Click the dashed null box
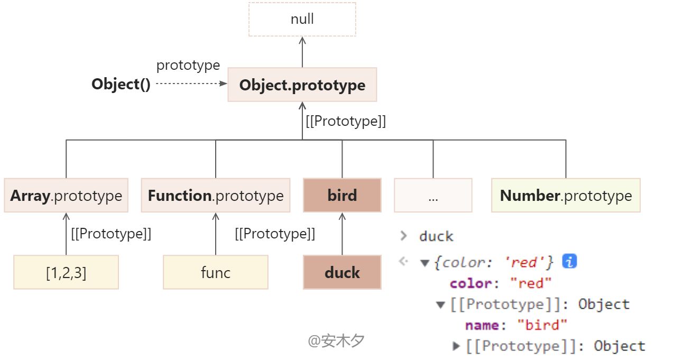pos(302,19)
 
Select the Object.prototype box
pos(302,85)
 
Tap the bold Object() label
pos(121,84)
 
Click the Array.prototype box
pos(66,195)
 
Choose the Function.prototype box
pos(216,195)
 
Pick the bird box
pos(342,195)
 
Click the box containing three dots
pos(433,195)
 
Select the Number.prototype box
pos(566,195)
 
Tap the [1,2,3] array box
pos(66,272)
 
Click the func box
pos(216,272)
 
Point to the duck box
pos(342,272)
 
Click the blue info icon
pos(569,261)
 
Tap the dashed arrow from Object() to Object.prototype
pos(191,83)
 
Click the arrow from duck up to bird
pos(342,234)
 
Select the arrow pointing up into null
pos(302,52)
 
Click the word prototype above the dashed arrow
pos(188,65)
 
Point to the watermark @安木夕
pos(336,340)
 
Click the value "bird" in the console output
pos(542,325)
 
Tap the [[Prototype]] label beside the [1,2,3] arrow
pos(111,234)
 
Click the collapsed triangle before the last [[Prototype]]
pos(456,346)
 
